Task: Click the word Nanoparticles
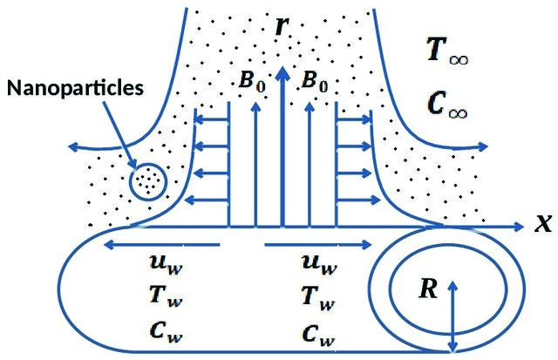point(75,88)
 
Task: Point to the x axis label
point(543,224)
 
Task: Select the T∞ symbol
point(447,51)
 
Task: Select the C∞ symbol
point(447,105)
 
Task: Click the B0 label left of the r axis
point(252,81)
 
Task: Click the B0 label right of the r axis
point(315,81)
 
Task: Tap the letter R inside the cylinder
point(428,289)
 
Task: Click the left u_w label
point(167,264)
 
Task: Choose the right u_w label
point(319,264)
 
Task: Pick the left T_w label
point(167,296)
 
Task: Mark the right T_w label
point(318,298)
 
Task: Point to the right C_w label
point(318,335)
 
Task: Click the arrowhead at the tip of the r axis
point(282,73)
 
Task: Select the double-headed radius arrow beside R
point(453,316)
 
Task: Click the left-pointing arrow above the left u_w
point(161,245)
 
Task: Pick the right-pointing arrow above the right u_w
point(318,245)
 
